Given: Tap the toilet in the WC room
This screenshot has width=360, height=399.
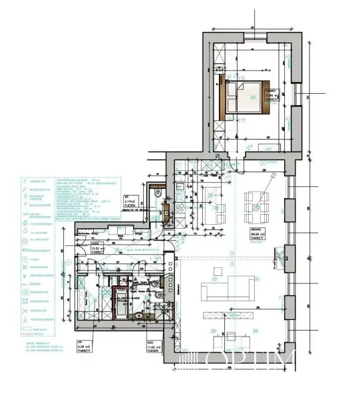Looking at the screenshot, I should [158, 194].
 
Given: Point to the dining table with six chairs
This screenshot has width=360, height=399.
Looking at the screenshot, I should [256, 206].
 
